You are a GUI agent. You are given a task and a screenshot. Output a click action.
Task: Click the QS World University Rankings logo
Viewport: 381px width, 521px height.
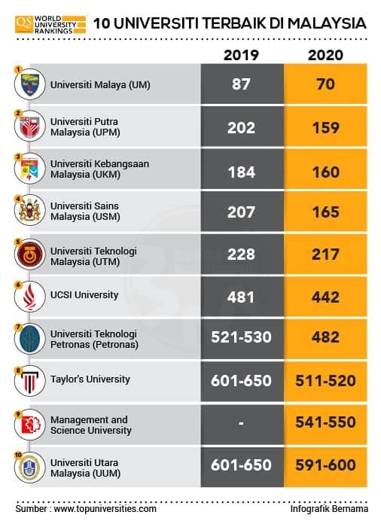(50, 24)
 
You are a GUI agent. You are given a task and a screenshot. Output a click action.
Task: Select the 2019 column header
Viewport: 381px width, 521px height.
(241, 55)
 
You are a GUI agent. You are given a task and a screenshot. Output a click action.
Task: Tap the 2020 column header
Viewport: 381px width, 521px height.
(325, 55)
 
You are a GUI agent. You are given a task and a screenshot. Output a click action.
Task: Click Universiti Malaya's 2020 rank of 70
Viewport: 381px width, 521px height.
(325, 84)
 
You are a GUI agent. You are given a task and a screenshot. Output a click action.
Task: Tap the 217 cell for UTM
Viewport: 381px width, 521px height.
(325, 254)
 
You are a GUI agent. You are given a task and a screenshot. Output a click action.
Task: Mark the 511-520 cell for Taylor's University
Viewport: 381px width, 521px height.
(325, 381)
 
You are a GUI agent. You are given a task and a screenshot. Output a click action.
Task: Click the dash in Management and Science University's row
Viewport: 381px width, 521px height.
(241, 423)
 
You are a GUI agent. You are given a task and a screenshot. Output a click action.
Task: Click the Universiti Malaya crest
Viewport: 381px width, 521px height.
(30, 84)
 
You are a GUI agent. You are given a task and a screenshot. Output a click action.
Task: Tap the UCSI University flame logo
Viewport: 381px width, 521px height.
(30, 297)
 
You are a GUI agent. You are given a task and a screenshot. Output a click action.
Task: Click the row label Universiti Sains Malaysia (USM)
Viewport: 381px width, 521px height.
(85, 212)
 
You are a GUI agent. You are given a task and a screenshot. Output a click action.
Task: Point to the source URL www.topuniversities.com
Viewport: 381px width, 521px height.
(105, 509)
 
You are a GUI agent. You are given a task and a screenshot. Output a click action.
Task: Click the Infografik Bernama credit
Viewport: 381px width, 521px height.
(329, 509)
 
